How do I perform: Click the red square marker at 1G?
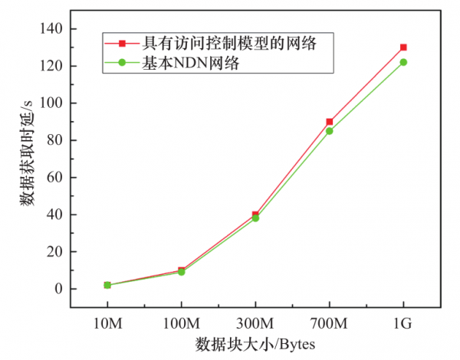[403, 47]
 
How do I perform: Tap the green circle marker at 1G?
[403, 62]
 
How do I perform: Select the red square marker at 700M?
[330, 122]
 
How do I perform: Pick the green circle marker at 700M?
[330, 131]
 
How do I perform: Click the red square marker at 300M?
[255, 214]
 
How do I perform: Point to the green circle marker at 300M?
[255, 218]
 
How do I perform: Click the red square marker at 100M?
[182, 270]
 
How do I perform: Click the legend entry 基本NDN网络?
[191, 64]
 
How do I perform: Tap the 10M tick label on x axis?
[107, 323]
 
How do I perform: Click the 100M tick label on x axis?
[182, 323]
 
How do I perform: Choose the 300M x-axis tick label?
[255, 323]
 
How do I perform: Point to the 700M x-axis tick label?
[330, 323]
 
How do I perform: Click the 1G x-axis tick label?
[403, 323]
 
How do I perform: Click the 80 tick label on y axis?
[55, 140]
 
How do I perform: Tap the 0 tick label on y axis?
[59, 289]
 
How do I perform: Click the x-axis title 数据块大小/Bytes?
[255, 344]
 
